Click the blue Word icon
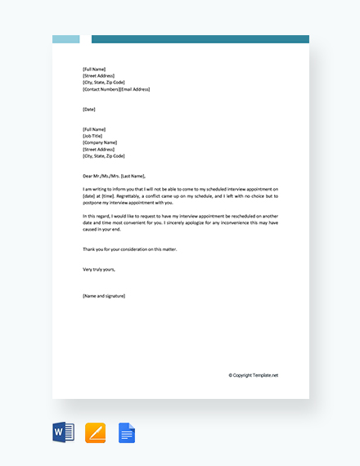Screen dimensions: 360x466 coord(63,432)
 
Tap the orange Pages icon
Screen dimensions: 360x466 coord(96,432)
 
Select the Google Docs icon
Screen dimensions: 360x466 coord(127,432)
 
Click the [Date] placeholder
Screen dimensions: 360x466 coord(89,109)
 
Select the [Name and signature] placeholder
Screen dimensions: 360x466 coord(104,295)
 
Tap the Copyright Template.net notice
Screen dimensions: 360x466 coord(253,375)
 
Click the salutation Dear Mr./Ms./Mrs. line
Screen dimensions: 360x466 coord(114,176)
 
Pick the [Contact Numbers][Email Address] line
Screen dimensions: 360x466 coord(116,89)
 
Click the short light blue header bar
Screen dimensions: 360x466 coord(66,39)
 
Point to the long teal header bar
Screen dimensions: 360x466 coord(200,39)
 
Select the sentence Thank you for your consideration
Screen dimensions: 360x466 coord(129,249)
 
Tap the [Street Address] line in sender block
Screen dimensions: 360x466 coord(98,76)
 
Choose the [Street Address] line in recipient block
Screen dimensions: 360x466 coord(98,149)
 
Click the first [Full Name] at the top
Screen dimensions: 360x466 coord(94,69)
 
